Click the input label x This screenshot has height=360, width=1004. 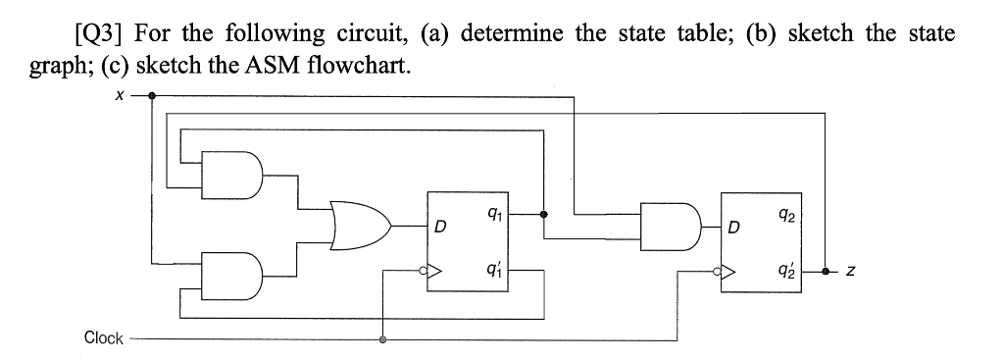click(119, 96)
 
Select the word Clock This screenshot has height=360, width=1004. click(104, 338)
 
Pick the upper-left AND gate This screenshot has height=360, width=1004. click(231, 174)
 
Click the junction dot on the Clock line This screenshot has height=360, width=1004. click(382, 339)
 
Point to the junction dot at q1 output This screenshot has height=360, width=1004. click(543, 212)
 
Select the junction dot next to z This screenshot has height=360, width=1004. click(827, 271)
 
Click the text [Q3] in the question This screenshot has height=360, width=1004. click(99, 34)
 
